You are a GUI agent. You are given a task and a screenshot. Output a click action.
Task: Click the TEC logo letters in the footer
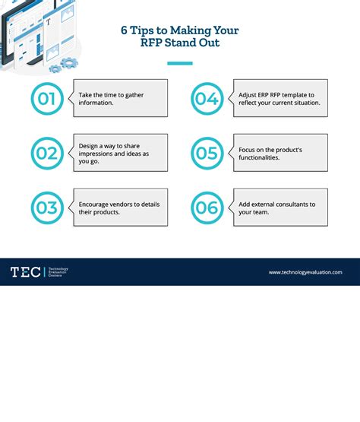[26, 272]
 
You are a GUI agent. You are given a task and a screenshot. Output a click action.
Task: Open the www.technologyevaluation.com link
[305, 272]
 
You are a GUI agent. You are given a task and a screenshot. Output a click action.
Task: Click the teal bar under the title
[180, 64]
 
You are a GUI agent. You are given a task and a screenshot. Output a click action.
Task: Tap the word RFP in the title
[151, 43]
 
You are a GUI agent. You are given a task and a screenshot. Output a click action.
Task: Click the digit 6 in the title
[124, 30]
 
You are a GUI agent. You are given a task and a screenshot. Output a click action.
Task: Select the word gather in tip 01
[134, 95]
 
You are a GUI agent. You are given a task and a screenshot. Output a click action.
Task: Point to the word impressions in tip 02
[96, 154]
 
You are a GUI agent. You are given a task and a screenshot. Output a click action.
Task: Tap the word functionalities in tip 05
[259, 157]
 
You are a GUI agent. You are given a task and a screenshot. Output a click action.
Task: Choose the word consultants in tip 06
[292, 205]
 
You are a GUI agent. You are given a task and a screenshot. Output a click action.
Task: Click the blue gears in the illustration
[65, 65]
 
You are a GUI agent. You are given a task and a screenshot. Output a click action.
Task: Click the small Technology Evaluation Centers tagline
[58, 271]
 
